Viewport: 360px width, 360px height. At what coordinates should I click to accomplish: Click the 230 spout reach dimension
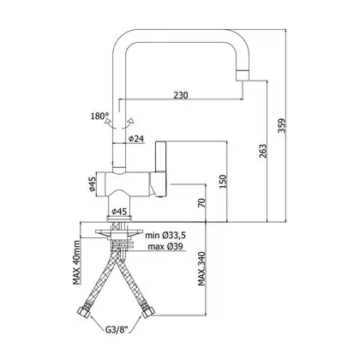click(x=181, y=94)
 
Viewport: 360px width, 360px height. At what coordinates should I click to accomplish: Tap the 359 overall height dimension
click(x=282, y=125)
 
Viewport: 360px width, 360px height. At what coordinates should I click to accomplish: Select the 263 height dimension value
click(x=263, y=151)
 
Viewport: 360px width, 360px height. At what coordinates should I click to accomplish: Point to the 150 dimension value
click(x=223, y=181)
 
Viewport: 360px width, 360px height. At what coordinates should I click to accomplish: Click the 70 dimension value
click(x=201, y=203)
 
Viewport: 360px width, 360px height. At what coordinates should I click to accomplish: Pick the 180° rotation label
click(x=99, y=117)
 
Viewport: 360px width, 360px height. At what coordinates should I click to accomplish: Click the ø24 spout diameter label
click(x=136, y=139)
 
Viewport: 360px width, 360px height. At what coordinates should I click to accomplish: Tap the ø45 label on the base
click(x=119, y=212)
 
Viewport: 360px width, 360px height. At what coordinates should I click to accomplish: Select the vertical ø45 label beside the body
click(x=92, y=184)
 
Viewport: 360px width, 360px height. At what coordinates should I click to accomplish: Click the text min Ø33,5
click(x=165, y=236)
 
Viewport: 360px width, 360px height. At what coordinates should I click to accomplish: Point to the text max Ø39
click(x=165, y=246)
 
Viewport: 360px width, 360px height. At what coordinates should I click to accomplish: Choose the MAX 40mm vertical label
click(x=76, y=262)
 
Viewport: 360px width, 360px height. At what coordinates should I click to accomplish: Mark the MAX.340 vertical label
click(x=201, y=268)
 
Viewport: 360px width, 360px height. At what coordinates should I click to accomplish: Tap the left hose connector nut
click(x=84, y=311)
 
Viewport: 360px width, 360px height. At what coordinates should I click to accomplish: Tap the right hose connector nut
click(x=148, y=311)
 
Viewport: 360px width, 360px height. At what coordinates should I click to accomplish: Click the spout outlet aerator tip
click(x=243, y=75)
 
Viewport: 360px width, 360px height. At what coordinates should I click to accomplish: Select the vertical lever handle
click(x=160, y=157)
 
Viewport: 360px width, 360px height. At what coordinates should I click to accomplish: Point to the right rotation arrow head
click(x=131, y=121)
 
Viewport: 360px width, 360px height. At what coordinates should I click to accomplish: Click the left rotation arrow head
click(x=108, y=121)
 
